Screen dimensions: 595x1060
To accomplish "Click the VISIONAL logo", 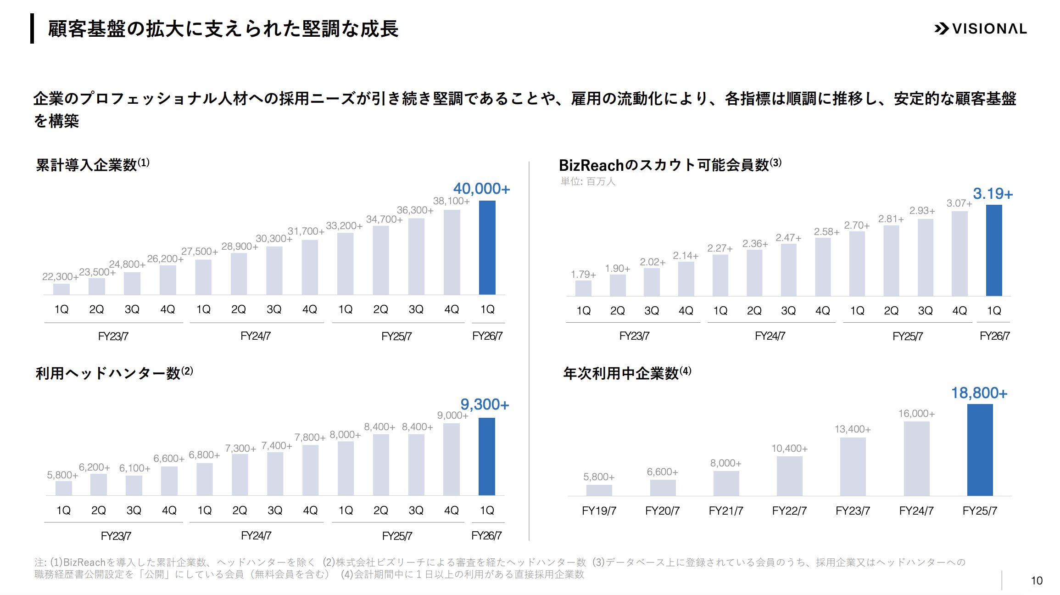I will point(981,28).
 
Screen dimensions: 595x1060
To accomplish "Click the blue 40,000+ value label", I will point(481,189).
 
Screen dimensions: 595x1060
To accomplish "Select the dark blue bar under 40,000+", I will point(487,248).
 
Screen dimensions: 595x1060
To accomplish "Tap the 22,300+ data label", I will point(60,276).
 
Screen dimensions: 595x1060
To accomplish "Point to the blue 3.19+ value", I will point(993,194).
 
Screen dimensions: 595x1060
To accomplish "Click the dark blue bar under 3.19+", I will point(994,250).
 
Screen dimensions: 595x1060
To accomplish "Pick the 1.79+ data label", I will point(583,275).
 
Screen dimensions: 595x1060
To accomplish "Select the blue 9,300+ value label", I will point(485,404).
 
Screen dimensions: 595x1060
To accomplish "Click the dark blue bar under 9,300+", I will point(486,456).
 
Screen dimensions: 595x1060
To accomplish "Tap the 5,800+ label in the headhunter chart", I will point(62,475).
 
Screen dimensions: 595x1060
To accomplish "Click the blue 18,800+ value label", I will point(979,393).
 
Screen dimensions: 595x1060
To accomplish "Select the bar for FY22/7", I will point(789,476).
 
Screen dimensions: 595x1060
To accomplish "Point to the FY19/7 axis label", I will point(599,511).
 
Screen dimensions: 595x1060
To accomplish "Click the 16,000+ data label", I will point(916,414).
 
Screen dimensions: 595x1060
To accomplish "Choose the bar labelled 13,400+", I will point(853,466).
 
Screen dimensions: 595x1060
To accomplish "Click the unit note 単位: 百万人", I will point(588,181).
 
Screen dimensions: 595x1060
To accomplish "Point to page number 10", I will point(1037,581).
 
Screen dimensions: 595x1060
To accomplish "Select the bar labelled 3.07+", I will point(960,253).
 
